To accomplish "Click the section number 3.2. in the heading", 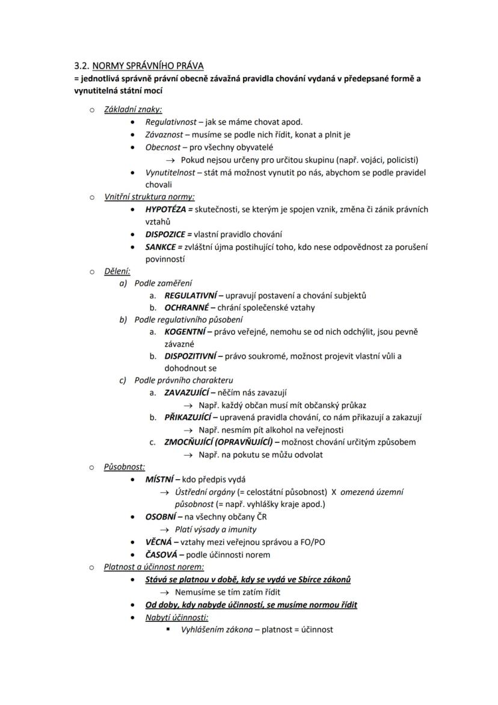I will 81,66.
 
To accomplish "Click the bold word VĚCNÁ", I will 159,542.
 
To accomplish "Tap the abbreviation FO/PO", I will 312,542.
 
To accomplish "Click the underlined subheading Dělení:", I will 117,271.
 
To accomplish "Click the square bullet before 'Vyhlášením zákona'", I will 168,630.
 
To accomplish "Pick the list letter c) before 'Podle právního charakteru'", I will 124,380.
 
